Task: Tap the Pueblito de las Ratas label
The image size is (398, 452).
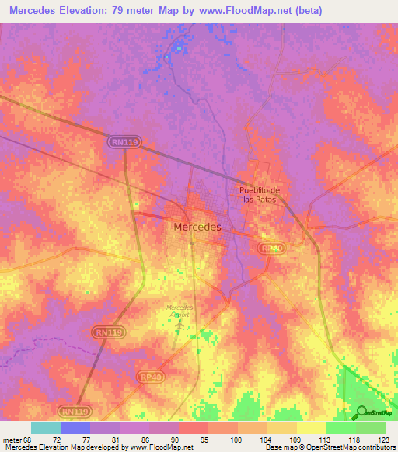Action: pyautogui.click(x=257, y=194)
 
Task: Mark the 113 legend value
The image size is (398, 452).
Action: pyautogui.click(x=326, y=440)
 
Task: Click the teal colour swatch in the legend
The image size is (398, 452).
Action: pyautogui.click(x=45, y=428)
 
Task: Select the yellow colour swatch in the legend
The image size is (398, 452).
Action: pyautogui.click(x=311, y=428)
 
